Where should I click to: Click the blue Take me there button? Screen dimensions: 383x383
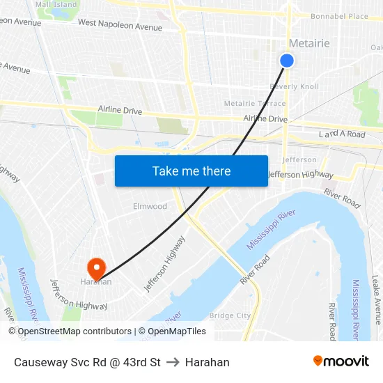191,171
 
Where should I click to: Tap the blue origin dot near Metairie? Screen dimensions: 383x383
286,61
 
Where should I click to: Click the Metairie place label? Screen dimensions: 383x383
309,43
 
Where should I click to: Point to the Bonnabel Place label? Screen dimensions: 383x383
339,16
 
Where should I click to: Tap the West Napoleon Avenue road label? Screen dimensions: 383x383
120,26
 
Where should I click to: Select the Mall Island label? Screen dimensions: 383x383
56,4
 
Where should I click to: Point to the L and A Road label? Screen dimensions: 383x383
342,134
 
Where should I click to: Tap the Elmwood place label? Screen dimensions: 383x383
150,206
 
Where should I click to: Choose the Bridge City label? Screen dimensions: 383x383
230,315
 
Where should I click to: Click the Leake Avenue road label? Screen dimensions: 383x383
376,299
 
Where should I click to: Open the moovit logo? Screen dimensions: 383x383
341,361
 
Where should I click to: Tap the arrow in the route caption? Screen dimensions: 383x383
173,362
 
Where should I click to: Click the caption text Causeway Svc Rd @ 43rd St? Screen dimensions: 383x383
87,362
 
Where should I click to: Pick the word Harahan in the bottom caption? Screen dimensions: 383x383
207,362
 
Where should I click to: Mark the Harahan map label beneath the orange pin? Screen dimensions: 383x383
95,281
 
